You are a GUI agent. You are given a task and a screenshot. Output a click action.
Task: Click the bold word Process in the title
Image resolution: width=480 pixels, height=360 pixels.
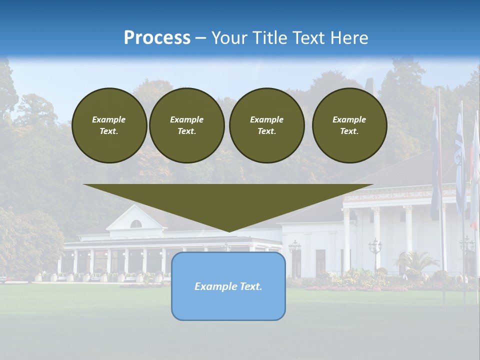coord(157,38)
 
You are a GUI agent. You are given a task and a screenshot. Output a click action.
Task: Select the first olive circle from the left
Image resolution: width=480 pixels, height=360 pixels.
coord(109,125)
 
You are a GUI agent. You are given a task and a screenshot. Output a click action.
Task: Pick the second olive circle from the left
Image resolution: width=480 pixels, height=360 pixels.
coord(187,125)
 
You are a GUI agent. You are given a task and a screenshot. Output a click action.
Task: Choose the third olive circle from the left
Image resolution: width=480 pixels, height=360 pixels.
coord(267,125)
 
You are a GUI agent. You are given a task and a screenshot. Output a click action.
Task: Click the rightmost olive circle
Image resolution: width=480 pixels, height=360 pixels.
coord(349,125)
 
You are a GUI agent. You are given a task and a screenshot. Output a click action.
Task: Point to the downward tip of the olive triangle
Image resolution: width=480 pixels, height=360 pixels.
coord(228,230)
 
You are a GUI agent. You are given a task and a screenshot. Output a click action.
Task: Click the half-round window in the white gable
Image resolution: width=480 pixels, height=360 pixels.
coord(135,223)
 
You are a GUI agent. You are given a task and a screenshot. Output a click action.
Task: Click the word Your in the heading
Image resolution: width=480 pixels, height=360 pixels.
coord(230,38)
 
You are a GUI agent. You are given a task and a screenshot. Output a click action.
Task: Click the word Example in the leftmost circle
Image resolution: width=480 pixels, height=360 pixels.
coord(109,119)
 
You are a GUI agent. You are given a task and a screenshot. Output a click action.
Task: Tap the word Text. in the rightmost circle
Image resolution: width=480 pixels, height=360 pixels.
coord(349,131)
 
